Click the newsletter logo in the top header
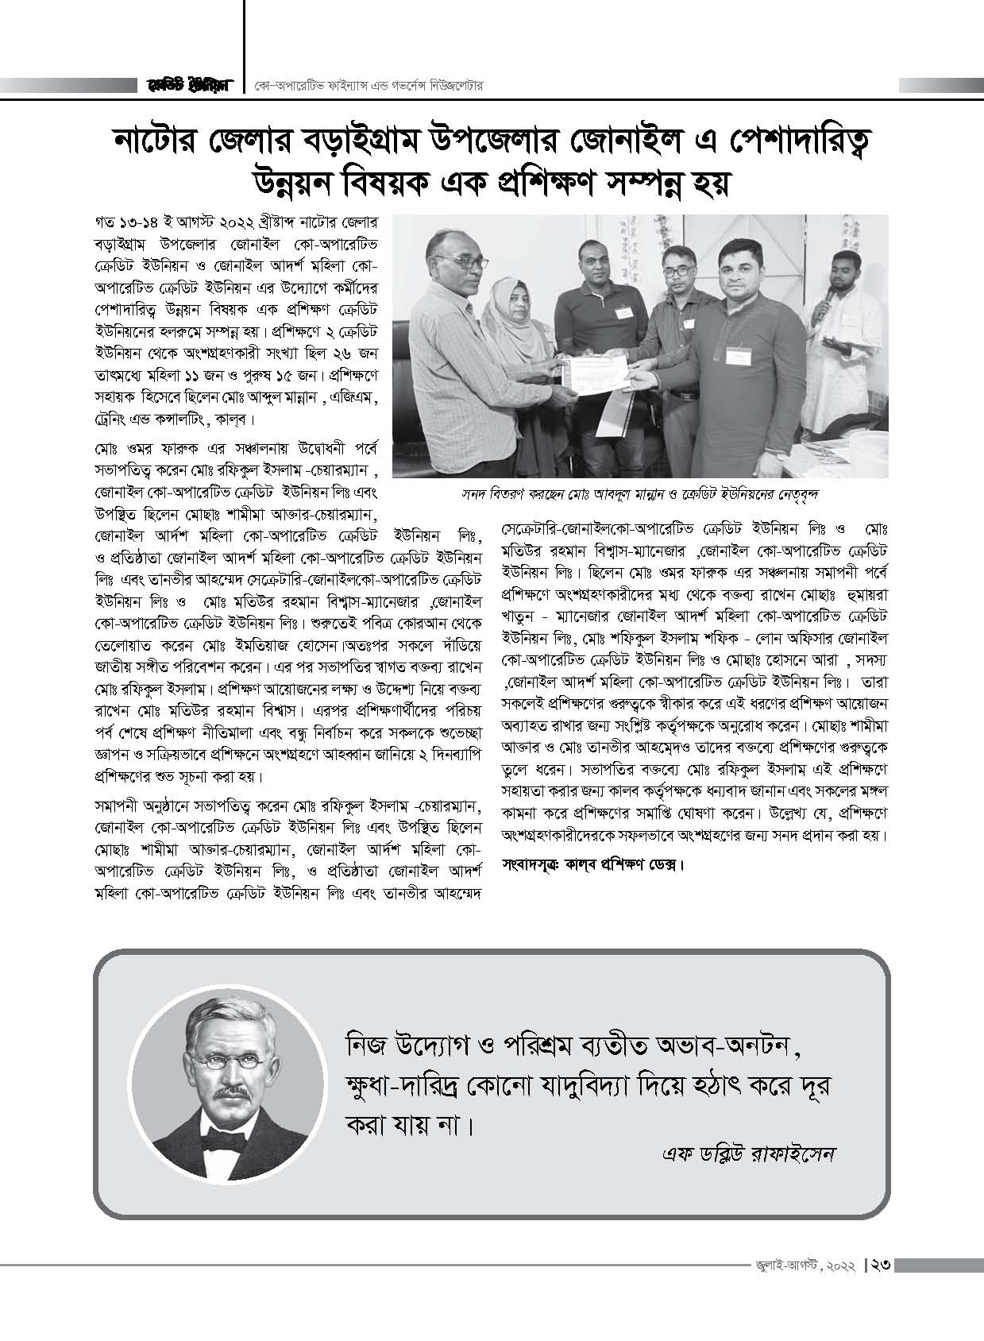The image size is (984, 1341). (x=188, y=85)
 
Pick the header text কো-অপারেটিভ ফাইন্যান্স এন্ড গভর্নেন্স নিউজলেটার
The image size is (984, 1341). (x=369, y=85)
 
